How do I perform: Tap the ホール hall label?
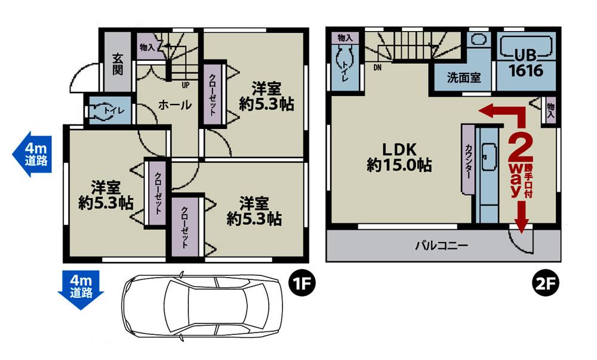tap(175, 105)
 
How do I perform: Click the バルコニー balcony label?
tap(441, 245)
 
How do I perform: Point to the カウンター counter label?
tap(468, 160)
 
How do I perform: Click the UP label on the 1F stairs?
tap(186, 85)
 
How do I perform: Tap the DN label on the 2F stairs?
tap(377, 67)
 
